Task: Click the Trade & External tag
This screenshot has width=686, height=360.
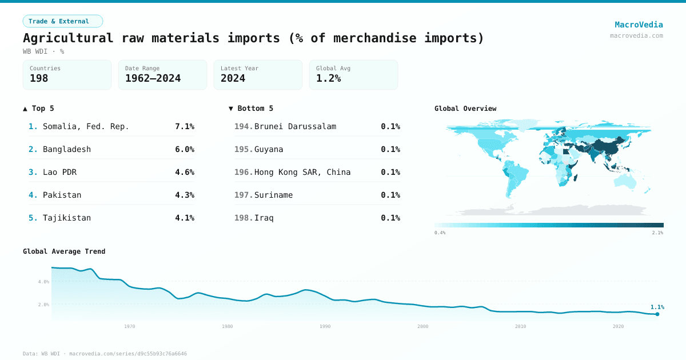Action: click(62, 21)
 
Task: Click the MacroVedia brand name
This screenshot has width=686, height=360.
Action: click(639, 25)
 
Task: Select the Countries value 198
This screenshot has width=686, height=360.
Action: click(39, 78)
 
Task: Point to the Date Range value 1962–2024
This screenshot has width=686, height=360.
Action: click(153, 78)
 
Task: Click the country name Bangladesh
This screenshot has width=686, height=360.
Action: click(67, 149)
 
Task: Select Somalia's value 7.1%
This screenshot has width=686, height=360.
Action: click(184, 126)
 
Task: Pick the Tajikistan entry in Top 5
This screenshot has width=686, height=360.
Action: click(67, 218)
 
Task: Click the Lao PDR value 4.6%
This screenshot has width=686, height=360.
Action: click(184, 172)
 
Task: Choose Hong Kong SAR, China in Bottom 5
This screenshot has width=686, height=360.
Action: click(302, 172)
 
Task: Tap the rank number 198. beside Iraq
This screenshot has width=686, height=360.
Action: click(244, 218)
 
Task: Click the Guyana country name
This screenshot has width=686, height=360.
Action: click(269, 149)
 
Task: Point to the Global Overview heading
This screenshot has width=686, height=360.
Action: click(465, 109)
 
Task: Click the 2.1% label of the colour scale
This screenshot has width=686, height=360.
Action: click(657, 233)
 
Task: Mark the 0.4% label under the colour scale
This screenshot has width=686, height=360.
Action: click(440, 233)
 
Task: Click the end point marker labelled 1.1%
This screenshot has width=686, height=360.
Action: click(657, 314)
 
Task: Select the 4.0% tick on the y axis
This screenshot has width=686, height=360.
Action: click(43, 282)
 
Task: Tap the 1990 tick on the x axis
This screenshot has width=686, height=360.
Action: click(325, 326)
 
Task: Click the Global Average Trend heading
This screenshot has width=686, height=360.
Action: click(64, 251)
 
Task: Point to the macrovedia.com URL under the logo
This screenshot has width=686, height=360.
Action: click(636, 35)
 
